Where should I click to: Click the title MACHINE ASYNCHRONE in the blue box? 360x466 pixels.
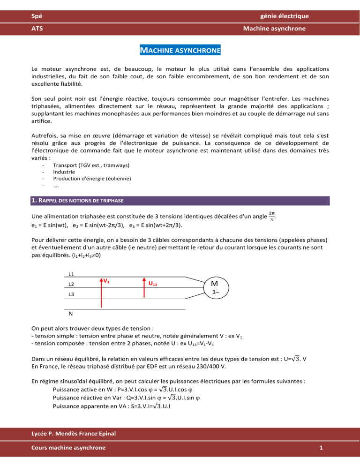pos(180,50)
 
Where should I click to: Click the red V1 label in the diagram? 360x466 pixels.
pos(106,281)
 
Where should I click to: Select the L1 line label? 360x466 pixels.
pos(71,274)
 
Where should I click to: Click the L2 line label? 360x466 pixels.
pos(71,284)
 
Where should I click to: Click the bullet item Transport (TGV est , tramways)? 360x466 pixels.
pos(91,165)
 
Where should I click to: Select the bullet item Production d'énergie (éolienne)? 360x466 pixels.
pos(92,178)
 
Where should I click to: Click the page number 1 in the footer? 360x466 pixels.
pos(320,448)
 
